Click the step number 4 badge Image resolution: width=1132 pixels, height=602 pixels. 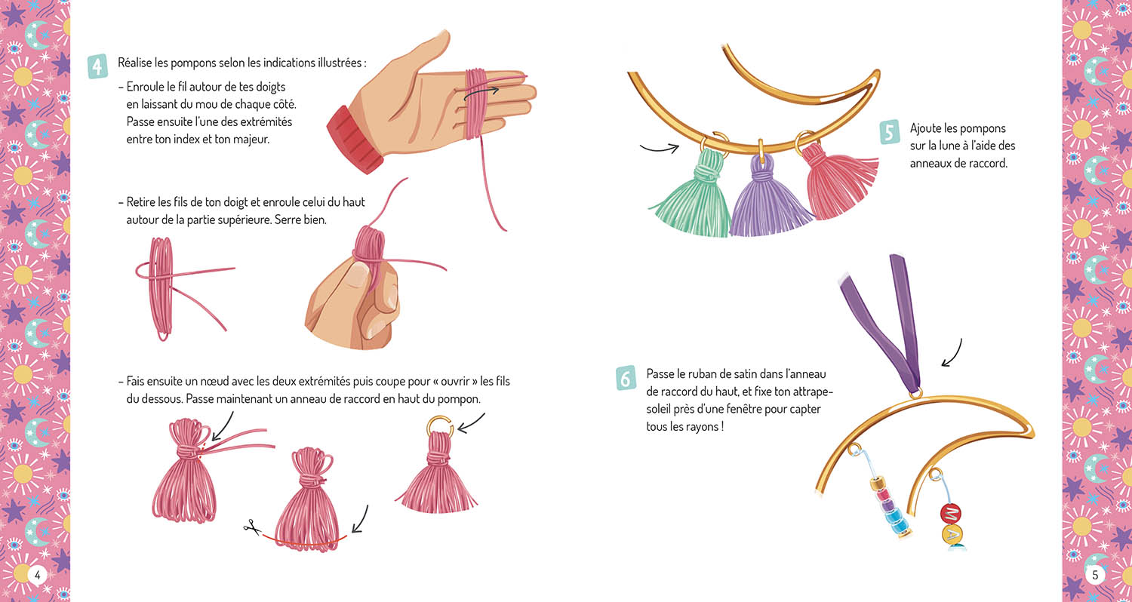pyautogui.click(x=97, y=66)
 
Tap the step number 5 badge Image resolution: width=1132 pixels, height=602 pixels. pyautogui.click(x=890, y=132)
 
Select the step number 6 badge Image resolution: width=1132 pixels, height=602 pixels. pyautogui.click(x=626, y=378)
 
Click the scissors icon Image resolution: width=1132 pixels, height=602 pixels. pyautogui.click(x=251, y=527)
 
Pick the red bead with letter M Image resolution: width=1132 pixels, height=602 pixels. pyautogui.click(x=951, y=514)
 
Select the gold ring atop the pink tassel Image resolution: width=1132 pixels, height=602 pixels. pyautogui.click(x=440, y=425)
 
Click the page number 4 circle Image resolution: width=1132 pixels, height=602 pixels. pyautogui.click(x=38, y=575)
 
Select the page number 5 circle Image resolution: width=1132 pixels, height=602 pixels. pyautogui.click(x=1095, y=575)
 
